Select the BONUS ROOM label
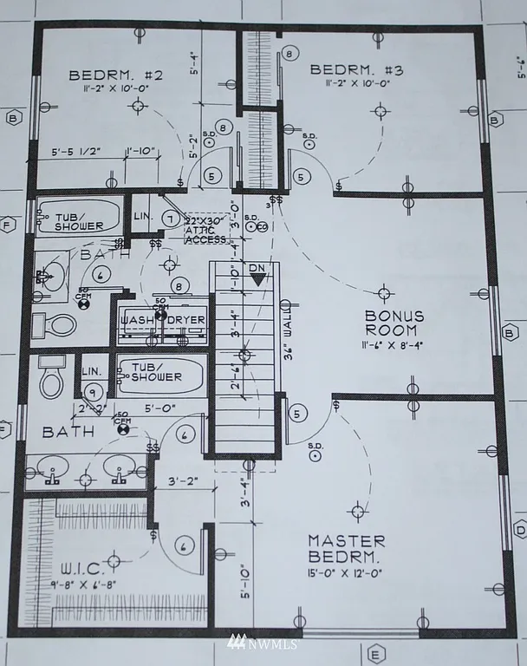click(x=391, y=323)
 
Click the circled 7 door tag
click(x=171, y=218)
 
